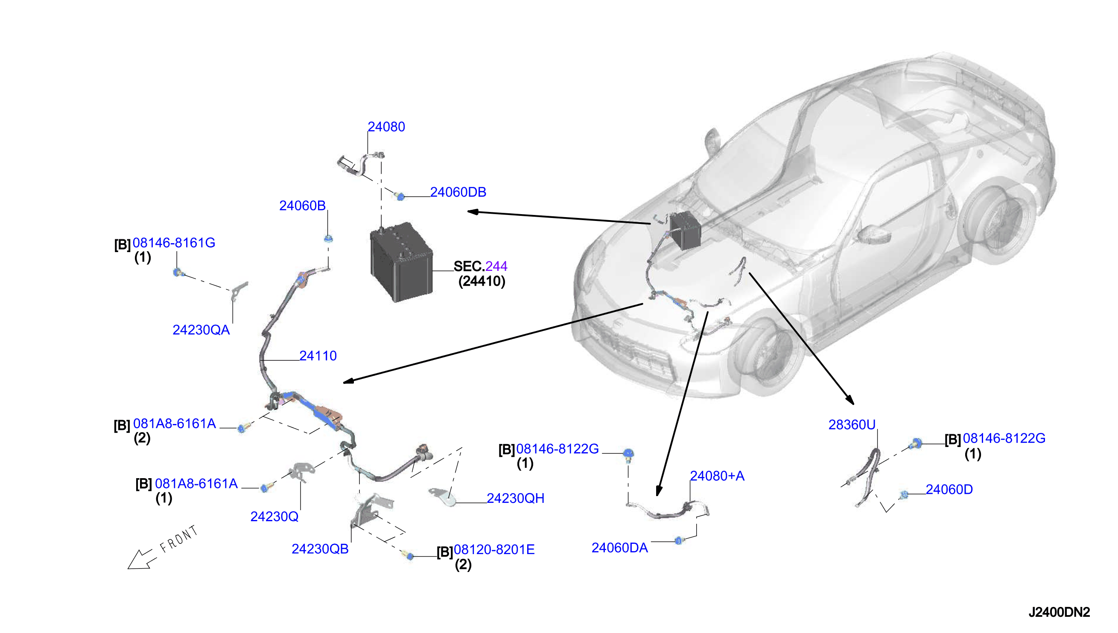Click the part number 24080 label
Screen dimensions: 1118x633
(386, 127)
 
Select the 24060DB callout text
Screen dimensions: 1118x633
(458, 192)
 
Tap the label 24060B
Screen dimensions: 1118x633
(302, 206)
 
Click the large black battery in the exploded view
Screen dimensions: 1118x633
(401, 262)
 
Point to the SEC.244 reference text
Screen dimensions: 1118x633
(480, 266)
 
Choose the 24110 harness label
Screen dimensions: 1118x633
(318, 356)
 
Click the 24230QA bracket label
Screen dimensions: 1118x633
(201, 330)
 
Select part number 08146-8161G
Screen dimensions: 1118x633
(174, 243)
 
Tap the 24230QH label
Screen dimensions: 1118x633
(516, 498)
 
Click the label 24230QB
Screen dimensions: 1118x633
(320, 549)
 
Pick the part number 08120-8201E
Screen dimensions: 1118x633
(494, 549)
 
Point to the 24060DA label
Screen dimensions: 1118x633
(619, 548)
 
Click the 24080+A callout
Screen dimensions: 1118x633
(717, 476)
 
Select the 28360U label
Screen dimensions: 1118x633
(852, 425)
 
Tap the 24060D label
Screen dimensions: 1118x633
(949, 490)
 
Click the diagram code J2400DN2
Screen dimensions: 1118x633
(1059, 612)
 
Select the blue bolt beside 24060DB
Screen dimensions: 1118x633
(400, 197)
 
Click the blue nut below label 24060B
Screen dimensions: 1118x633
(328, 239)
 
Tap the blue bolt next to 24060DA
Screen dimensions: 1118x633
(679, 541)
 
